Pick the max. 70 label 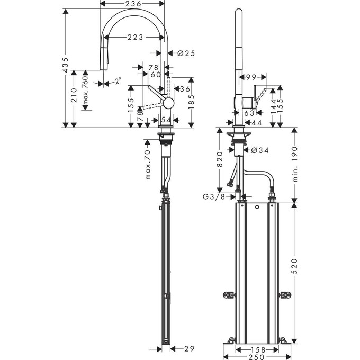[x=148, y=165]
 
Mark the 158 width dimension [x=258, y=350]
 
